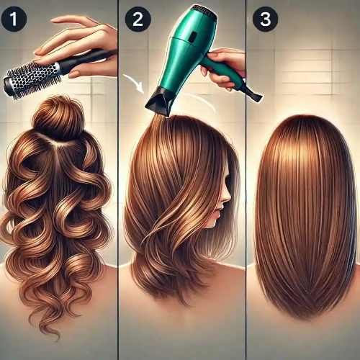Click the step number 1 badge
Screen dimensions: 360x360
coord(14,19)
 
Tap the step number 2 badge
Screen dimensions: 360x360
coord(138,19)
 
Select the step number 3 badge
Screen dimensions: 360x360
coord(265,19)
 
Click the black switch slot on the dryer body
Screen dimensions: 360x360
coord(192,36)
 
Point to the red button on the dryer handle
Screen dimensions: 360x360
coord(210,69)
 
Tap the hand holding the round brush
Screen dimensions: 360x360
coord(77,45)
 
